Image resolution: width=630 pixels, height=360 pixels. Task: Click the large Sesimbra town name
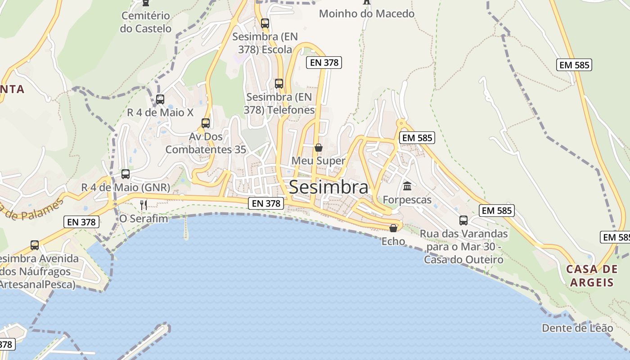[x=328, y=187]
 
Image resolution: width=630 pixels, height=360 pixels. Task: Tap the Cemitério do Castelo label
[x=146, y=22]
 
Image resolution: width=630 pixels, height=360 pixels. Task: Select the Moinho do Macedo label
[x=366, y=13]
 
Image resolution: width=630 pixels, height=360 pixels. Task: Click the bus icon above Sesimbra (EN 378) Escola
[x=265, y=23]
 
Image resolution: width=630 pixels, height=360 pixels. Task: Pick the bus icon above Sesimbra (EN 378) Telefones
[x=279, y=83]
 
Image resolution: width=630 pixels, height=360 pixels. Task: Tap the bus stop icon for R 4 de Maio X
[x=160, y=99]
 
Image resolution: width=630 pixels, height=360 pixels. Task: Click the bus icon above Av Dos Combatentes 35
[x=206, y=123]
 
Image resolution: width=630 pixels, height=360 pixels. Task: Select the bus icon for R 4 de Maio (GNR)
[x=126, y=174]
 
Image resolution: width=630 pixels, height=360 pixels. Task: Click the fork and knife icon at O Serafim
[x=144, y=205]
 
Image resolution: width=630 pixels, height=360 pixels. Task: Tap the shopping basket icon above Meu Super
[x=319, y=147]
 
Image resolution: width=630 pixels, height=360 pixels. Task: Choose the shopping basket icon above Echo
[x=393, y=228]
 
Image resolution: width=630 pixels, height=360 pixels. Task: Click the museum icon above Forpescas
[x=407, y=186]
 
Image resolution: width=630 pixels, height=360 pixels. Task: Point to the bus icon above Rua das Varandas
[x=463, y=220]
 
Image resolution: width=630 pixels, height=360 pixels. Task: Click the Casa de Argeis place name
[x=592, y=275]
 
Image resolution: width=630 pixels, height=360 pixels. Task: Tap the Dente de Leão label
[x=577, y=328]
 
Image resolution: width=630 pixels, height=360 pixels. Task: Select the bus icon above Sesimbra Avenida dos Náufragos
[x=35, y=245]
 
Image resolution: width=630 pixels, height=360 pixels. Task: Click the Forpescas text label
[x=407, y=199]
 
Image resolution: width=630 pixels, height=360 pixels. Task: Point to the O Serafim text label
[x=144, y=219]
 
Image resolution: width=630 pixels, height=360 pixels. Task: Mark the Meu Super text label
[x=319, y=161]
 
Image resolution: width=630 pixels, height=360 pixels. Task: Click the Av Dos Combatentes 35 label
[x=206, y=143]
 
